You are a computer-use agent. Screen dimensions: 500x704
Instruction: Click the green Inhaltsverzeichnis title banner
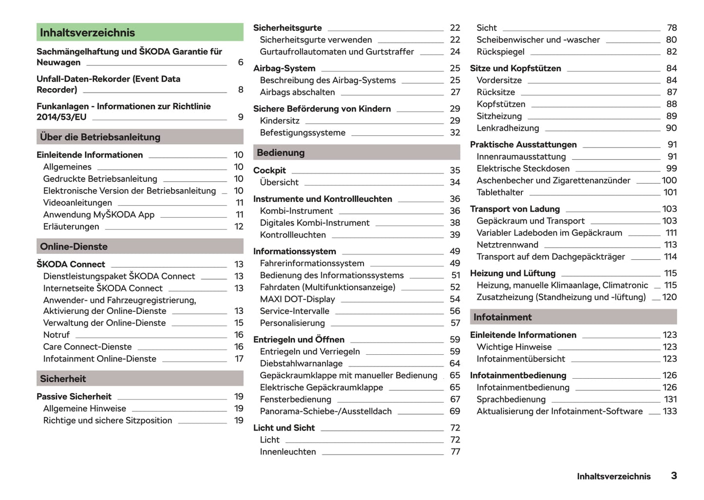(140, 33)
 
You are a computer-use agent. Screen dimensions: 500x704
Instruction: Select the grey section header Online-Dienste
(140, 247)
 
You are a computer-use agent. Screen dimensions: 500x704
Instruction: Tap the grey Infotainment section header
(573, 317)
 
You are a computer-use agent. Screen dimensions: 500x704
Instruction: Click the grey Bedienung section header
(356, 153)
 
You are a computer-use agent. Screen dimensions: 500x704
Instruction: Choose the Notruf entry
(57, 335)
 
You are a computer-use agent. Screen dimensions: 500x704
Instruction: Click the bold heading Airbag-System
(284, 68)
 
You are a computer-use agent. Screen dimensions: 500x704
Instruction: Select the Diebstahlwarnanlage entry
(301, 364)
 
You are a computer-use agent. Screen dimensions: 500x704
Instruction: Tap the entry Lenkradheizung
(508, 128)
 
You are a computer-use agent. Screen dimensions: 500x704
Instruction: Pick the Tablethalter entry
(500, 192)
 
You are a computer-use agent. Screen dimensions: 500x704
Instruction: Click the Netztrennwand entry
(507, 245)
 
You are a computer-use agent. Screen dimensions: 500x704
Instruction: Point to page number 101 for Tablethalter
(670, 192)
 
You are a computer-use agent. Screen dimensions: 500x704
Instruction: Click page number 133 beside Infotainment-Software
(670, 411)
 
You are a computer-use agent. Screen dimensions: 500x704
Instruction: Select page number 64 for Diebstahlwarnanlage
(455, 364)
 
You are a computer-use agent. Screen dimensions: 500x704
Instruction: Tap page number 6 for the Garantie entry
(241, 62)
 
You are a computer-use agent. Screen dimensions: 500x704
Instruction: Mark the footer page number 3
(674, 476)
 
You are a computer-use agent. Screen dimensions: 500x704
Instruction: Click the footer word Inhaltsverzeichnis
(613, 477)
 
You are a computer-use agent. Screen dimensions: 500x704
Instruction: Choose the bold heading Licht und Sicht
(284, 428)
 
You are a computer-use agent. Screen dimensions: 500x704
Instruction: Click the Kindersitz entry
(280, 121)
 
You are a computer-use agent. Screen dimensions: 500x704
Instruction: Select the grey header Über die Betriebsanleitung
(140, 137)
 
